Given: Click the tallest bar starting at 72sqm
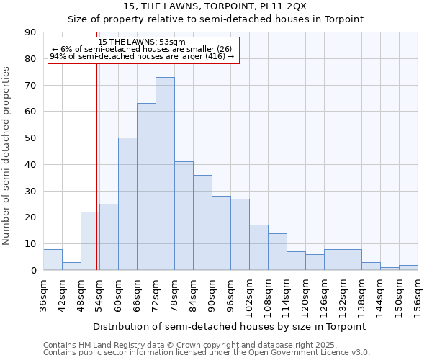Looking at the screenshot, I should coord(165,174).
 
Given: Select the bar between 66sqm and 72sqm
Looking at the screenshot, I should coord(146,186).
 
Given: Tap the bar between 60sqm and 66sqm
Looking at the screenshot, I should coord(127,204).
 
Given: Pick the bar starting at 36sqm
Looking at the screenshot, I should coord(53,260).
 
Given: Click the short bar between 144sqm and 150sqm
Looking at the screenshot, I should coord(390,269).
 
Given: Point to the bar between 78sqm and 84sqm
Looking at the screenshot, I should coord(184,216).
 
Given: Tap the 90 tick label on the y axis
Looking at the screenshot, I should coord(30,32).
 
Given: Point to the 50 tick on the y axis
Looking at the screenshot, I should coord(30,138).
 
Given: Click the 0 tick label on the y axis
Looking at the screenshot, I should coord(33,270).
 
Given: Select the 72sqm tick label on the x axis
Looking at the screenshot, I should coord(156,294).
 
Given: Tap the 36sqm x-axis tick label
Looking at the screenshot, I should coord(43,294).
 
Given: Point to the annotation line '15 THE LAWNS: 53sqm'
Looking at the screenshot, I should coord(142,42).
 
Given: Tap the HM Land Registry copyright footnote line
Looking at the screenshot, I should coord(190,345).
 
